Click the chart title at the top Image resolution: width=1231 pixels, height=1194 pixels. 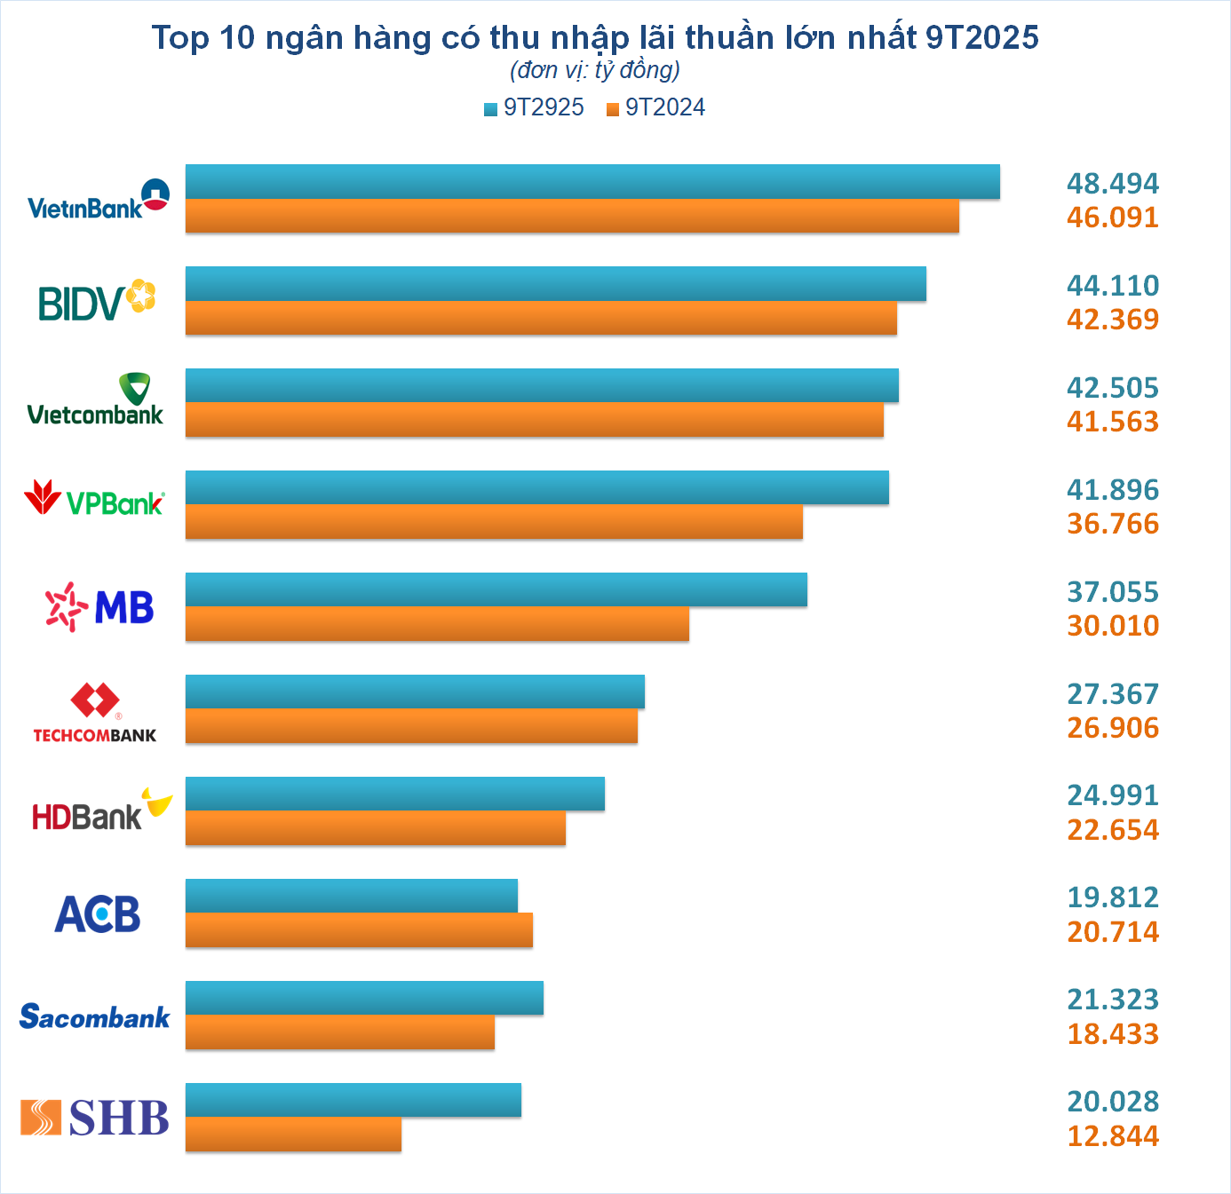[x=595, y=37]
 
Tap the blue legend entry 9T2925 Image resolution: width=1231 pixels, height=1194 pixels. [x=534, y=107]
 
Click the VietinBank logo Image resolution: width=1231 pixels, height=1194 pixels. [x=98, y=200]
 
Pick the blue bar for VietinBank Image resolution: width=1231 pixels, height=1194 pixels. [x=592, y=181]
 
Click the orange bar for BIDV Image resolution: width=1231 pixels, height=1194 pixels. [x=541, y=318]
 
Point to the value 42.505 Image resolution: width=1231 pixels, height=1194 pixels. [x=1112, y=387]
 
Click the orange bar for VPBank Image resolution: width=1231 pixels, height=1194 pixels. [x=494, y=522]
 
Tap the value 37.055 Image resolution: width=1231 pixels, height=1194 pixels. [x=1112, y=591]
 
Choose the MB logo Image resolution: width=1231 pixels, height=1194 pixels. [x=99, y=607]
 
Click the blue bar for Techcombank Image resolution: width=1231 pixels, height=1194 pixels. [x=415, y=692]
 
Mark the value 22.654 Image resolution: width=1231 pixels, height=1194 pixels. [x=1112, y=829]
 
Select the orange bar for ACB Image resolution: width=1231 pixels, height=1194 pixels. [x=359, y=930]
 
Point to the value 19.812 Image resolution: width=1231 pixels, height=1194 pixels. [x=1112, y=897]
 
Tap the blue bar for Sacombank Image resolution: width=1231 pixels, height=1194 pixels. [x=364, y=998]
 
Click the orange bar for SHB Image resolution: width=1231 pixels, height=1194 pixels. [x=293, y=1135]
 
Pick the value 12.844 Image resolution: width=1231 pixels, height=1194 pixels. [x=1112, y=1135]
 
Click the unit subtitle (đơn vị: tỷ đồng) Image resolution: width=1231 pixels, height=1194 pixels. [x=595, y=69]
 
